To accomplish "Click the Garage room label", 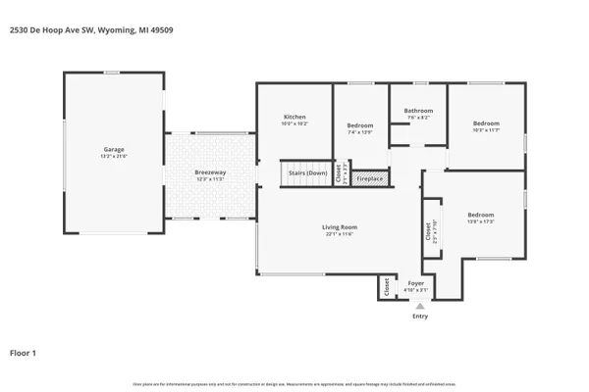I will tap(114, 151).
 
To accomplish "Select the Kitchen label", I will tap(294, 118).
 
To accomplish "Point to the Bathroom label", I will tap(418, 111).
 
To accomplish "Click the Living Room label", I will tap(339, 227).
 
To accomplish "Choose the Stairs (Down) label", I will tap(307, 173).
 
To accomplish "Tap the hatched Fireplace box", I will tap(370, 179).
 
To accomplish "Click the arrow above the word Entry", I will tap(420, 305).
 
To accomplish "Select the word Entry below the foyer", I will tap(420, 316).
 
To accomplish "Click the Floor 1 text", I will tap(24, 352).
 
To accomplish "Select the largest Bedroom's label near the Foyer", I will tap(480, 215).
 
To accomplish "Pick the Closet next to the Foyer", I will tap(387, 288).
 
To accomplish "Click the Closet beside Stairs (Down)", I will tap(338, 174).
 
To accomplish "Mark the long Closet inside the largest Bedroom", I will tap(429, 230).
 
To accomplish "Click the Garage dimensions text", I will tap(114, 157).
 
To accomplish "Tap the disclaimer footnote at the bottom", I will tap(294, 383).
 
